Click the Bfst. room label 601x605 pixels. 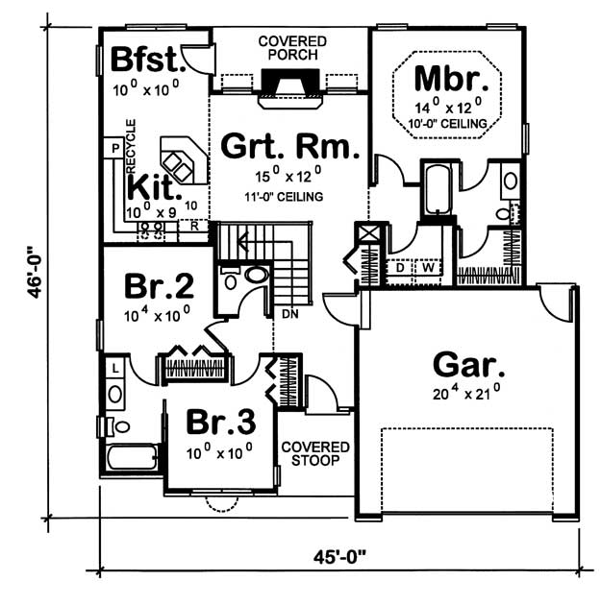tap(148, 59)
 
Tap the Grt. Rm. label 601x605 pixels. tap(290, 146)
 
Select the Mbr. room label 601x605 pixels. tap(451, 79)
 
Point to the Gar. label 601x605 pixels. tap(468, 364)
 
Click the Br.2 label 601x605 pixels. tap(159, 286)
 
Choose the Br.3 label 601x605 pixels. tap(221, 422)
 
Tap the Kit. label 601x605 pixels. tap(155, 187)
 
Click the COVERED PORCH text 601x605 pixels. tap(292, 48)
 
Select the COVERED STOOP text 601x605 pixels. tap(315, 453)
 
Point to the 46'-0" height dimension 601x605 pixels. tap(35, 272)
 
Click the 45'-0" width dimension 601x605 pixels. tap(339, 557)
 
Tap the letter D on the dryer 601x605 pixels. tap(400, 267)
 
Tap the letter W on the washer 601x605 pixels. tap(428, 267)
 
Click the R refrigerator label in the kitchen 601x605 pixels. tap(194, 226)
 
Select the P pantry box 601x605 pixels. tap(113, 148)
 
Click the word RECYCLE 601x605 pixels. tap(131, 146)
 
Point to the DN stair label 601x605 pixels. tap(290, 314)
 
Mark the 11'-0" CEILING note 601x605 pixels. tap(284, 197)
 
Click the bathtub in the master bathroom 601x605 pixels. tap(438, 189)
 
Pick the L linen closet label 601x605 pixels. tap(115, 369)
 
